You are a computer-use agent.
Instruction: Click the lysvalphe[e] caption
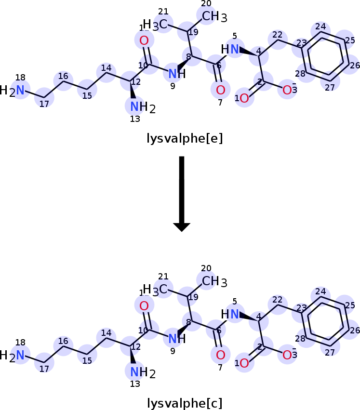(x=185, y=139)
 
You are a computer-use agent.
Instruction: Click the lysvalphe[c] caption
(x=185, y=403)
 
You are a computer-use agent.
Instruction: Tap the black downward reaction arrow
(x=182, y=193)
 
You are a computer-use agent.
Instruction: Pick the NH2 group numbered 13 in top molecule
(x=142, y=107)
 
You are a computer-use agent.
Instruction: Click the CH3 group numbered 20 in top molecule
(x=214, y=17)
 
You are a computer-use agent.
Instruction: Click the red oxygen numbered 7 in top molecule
(x=220, y=90)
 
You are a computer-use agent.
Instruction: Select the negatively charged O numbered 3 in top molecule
(x=288, y=90)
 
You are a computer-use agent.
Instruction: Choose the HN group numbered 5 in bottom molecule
(x=230, y=314)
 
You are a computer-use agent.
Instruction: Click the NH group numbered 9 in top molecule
(x=177, y=74)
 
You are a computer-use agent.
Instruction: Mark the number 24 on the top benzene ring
(x=320, y=26)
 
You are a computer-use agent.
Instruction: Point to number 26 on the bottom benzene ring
(x=355, y=331)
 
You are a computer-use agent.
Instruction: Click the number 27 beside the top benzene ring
(x=330, y=87)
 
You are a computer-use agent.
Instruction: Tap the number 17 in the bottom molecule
(x=44, y=370)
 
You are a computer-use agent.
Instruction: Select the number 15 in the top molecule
(x=87, y=95)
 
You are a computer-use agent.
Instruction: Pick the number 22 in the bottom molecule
(x=277, y=300)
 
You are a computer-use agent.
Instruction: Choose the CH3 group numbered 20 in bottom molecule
(x=214, y=281)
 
